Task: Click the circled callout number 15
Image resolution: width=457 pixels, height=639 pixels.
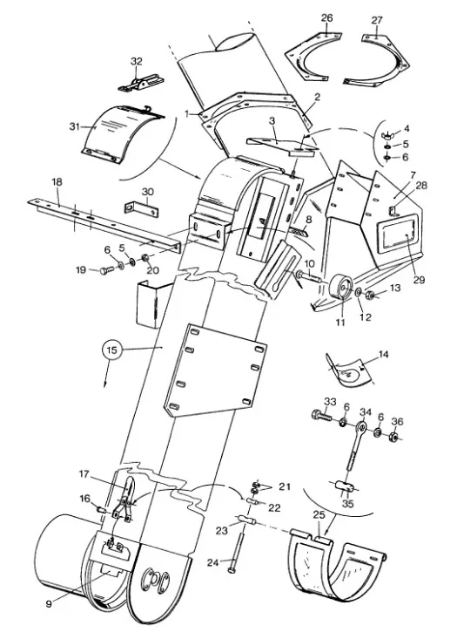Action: pos(112,350)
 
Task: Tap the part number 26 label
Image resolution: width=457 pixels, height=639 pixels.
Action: pos(326,18)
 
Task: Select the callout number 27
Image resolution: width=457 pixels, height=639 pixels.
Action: pos(377,20)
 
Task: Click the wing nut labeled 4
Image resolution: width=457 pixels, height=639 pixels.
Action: pos(386,135)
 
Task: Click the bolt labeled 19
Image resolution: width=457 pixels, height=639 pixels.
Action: pos(106,269)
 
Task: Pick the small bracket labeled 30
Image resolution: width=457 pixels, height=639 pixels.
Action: pos(141,208)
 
